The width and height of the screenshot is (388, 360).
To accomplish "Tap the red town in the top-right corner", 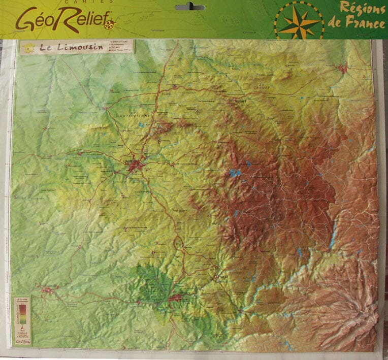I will click(x=343, y=67).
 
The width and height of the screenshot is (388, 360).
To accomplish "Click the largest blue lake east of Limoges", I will click(x=234, y=173).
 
